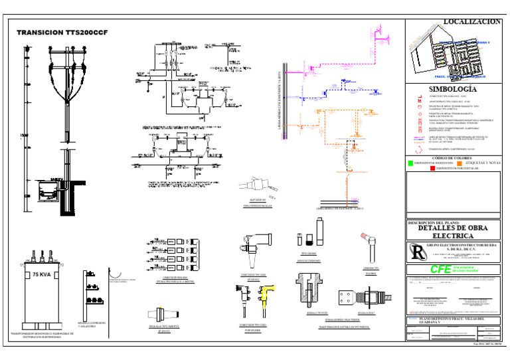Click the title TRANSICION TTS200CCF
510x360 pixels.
point(62,33)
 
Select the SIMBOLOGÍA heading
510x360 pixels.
point(452,88)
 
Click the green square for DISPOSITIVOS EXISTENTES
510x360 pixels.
point(410,163)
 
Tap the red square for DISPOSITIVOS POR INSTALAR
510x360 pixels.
point(432,169)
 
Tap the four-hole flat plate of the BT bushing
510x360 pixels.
point(346,297)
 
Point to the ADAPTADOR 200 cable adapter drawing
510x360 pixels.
point(256,185)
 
